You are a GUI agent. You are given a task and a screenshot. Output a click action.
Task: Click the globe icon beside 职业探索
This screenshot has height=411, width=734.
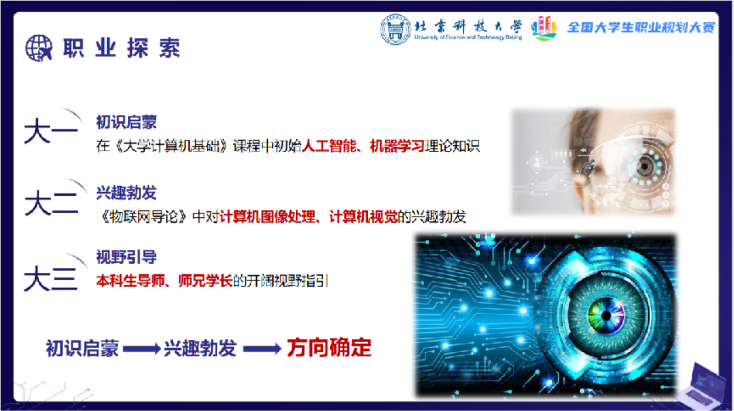39,48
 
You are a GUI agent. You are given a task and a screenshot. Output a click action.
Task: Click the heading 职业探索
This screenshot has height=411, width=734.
122,48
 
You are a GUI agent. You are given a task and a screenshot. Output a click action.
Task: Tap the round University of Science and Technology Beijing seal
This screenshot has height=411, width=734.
395,29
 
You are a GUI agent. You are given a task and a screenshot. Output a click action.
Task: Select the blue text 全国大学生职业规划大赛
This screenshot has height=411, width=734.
641,28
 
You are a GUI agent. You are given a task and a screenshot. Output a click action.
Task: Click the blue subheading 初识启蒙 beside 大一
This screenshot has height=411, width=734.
126,122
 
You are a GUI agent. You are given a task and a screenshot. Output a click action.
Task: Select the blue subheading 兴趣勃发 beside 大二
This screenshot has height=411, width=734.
126,193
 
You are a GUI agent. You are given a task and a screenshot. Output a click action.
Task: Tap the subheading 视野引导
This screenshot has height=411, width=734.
126,257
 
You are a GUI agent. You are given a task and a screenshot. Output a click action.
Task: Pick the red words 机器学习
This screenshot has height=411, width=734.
397,146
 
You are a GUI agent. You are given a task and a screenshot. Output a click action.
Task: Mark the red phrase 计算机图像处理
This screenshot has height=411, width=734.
268,217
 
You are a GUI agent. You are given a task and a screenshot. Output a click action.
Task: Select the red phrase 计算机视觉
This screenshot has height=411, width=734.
364,217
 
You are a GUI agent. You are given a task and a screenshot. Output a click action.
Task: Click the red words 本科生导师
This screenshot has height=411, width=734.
130,280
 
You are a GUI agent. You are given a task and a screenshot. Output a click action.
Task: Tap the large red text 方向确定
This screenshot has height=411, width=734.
329,348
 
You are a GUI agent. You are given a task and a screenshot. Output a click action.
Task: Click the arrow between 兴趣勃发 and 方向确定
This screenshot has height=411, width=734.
262,349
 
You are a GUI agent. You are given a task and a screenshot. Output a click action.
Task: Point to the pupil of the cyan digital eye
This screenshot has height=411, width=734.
606,316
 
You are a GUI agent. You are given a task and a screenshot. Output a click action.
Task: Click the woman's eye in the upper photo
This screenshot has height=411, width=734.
645,166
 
